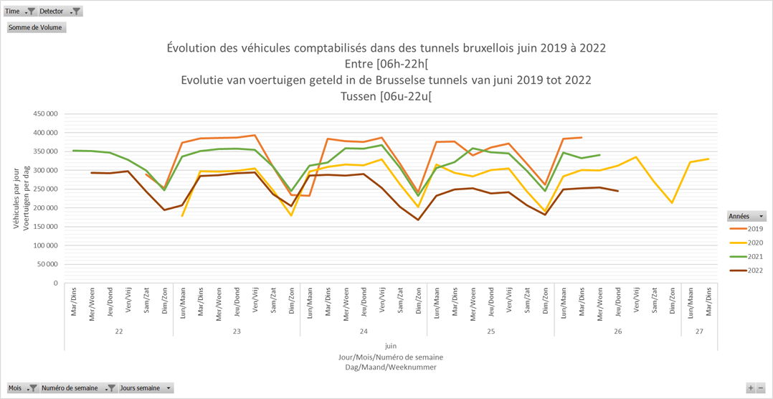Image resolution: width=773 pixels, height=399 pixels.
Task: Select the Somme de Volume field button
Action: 37,27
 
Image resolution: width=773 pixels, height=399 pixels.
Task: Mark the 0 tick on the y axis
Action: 55,283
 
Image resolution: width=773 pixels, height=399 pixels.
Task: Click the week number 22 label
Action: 118,332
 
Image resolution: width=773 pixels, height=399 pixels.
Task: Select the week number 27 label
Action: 699,332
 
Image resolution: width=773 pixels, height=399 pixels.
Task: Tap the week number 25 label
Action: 490,332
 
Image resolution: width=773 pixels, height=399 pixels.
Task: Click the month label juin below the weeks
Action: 390,346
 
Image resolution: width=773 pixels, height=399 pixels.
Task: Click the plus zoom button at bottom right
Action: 750,388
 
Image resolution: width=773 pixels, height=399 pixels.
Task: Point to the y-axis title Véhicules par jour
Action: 16,198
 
